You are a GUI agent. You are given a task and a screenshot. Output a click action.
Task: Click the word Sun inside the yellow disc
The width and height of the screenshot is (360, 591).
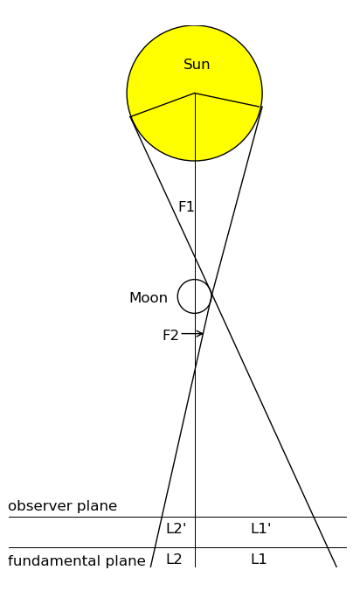point(197,65)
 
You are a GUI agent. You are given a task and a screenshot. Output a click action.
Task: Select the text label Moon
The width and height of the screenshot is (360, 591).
point(149,298)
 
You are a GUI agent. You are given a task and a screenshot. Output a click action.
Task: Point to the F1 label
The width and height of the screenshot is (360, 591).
point(186,206)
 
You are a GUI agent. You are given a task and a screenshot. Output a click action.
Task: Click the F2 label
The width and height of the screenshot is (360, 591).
point(170,335)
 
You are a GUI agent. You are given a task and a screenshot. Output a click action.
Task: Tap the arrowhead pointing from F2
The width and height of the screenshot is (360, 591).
point(200,334)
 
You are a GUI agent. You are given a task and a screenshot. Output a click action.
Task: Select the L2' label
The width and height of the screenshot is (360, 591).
point(177,528)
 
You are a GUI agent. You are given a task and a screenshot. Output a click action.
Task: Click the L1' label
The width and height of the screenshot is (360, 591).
point(261,528)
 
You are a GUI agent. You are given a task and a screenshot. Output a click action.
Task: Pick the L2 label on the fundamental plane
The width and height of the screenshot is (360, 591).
point(174,559)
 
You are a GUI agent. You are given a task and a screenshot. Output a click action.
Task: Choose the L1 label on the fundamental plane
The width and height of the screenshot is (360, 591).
point(259,559)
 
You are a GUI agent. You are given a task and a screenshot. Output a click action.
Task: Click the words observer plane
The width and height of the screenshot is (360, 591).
point(63,506)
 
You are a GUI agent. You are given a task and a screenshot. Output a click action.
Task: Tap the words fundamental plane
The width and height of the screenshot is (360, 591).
point(76,561)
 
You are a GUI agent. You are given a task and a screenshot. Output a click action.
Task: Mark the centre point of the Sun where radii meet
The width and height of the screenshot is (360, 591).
point(195,93)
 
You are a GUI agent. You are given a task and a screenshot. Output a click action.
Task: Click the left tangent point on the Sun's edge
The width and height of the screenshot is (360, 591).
point(131,116)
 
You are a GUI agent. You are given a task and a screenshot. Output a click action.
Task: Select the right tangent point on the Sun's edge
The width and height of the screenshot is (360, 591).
point(260,107)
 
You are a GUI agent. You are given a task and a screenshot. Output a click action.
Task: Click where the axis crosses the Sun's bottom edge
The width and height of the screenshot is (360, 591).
point(195,161)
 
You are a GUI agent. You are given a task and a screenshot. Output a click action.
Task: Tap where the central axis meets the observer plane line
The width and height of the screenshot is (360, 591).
point(195,518)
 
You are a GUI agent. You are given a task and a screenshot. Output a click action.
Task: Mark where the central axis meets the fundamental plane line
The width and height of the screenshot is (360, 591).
point(195,547)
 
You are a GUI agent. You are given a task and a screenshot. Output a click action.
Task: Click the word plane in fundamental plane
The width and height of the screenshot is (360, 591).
point(126,561)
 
